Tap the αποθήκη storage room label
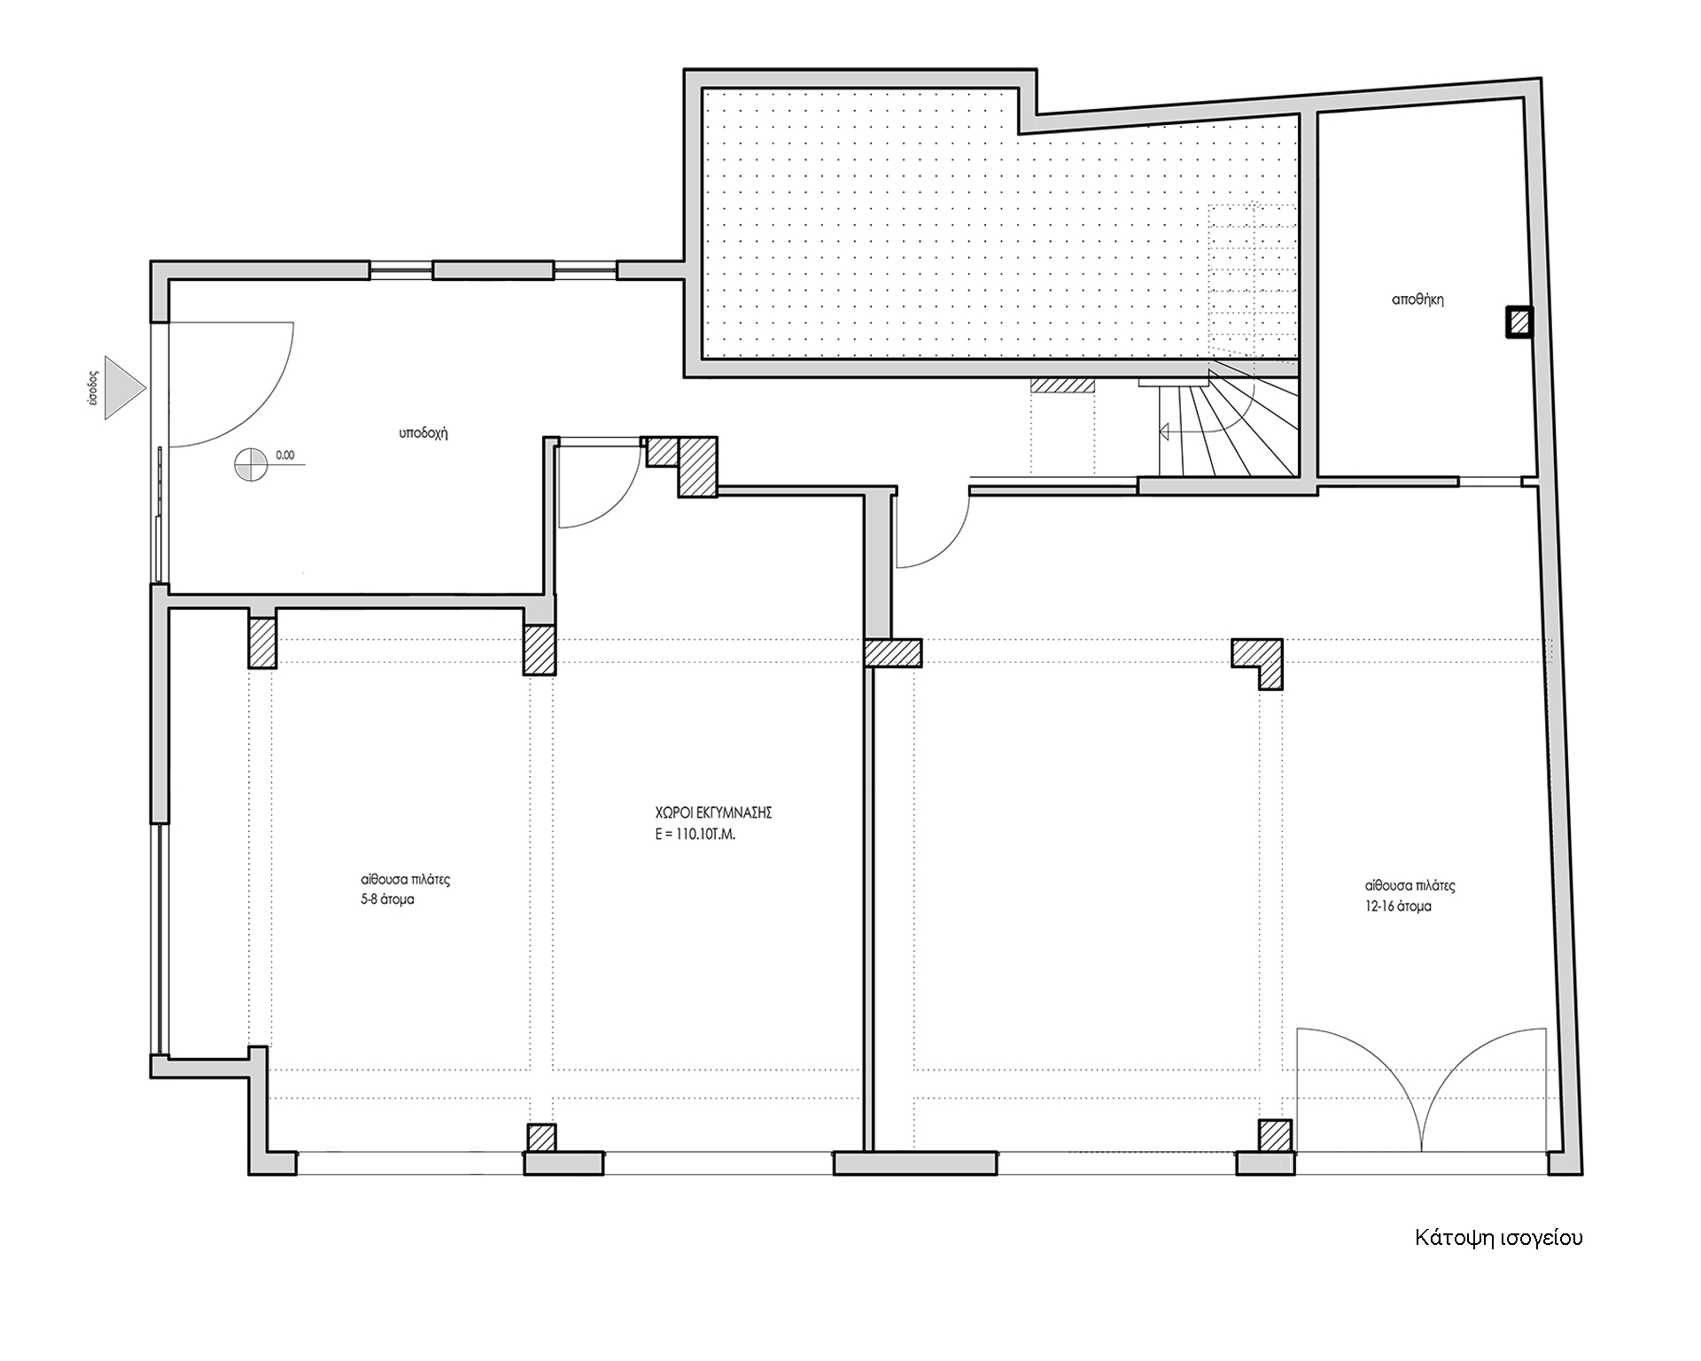[1417, 299]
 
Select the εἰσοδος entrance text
[87, 388]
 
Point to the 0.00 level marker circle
[252, 464]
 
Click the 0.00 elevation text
[285, 455]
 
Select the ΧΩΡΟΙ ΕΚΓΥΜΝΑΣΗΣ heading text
[710, 811]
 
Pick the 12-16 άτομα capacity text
[1398, 906]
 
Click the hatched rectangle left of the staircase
[1061, 386]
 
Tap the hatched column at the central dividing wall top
[893, 653]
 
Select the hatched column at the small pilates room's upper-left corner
[263, 642]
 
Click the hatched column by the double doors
[1275, 1136]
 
